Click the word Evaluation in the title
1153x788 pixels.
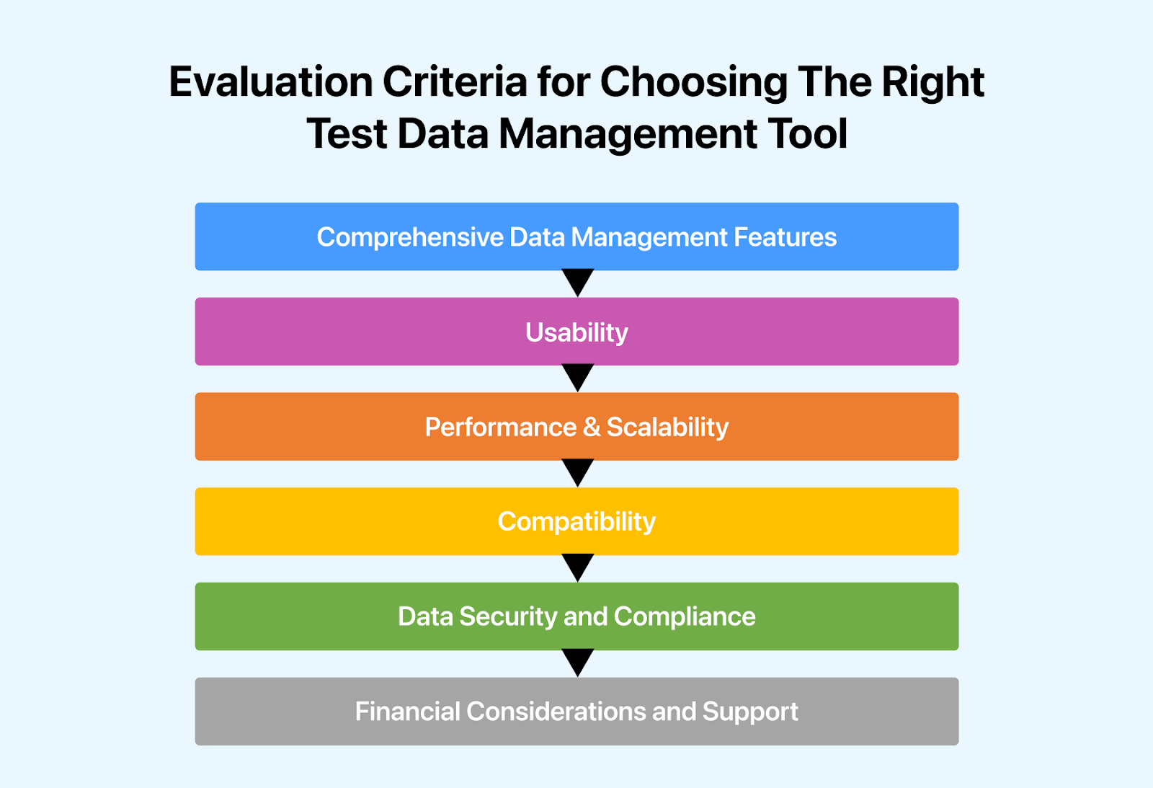[x=271, y=82]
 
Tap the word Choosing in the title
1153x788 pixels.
[x=693, y=82]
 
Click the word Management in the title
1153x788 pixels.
[x=628, y=134]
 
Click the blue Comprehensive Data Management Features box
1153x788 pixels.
[x=576, y=237]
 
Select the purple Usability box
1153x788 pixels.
[x=576, y=332]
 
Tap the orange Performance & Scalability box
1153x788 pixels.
[x=576, y=427]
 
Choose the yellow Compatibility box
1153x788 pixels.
[x=576, y=521]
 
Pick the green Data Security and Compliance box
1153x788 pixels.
[x=576, y=616]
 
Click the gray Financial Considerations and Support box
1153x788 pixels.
[x=576, y=712]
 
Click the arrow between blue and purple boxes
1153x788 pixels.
[x=577, y=282]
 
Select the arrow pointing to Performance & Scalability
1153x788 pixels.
[x=577, y=377]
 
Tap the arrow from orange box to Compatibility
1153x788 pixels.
[x=577, y=472]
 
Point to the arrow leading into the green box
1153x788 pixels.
[x=577, y=567]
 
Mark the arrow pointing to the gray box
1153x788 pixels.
[x=577, y=662]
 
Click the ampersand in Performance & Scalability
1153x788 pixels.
[x=592, y=427]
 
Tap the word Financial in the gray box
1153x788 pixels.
[x=407, y=712]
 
